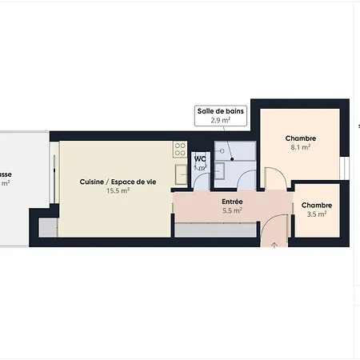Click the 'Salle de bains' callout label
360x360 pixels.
pos(220,111)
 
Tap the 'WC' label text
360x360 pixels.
pos(200,158)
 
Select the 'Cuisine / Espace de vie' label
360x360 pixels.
pos(117,182)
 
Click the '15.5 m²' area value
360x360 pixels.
pos(117,191)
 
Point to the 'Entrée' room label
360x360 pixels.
pos(232,202)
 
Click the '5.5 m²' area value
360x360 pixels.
pos(232,211)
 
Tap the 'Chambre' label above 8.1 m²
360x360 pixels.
pos(300,138)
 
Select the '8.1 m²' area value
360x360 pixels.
pos(300,147)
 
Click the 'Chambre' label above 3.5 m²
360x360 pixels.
pos(317,206)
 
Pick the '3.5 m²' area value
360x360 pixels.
pos(317,214)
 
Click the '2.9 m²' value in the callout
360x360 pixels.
pos(220,120)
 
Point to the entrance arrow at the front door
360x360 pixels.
pos(274,242)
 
